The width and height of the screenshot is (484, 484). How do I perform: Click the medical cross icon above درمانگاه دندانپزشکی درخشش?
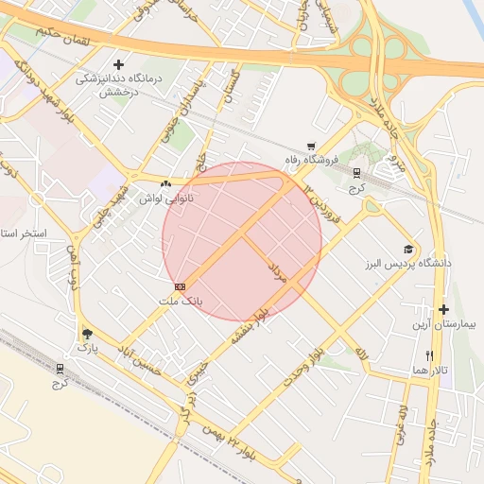tap(118, 64)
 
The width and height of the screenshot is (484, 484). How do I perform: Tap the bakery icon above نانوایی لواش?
tap(166, 183)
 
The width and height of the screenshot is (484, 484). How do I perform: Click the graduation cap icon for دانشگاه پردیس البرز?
tap(408, 249)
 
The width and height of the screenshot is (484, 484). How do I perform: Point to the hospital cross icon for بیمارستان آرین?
tap(442, 310)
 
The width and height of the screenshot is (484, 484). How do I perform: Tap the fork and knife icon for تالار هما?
tap(429, 355)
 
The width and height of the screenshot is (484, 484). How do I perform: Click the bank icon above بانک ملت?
tap(180, 285)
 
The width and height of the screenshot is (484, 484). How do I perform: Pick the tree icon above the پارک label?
tap(88, 334)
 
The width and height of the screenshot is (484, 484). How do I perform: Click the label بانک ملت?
tap(180, 300)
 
